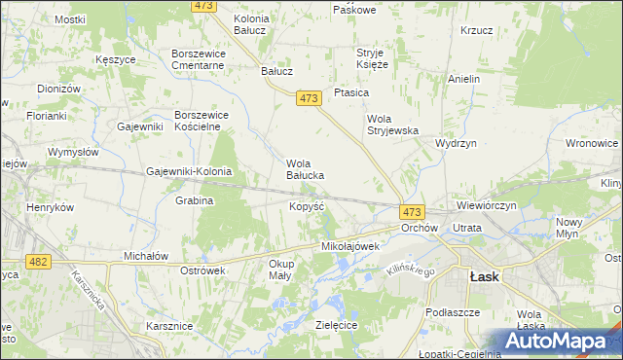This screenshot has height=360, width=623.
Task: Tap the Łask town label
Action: [484, 276]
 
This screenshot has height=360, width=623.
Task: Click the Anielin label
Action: [464, 78]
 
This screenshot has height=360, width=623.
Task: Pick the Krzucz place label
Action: [477, 30]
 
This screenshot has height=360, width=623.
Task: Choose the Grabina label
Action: [195, 200]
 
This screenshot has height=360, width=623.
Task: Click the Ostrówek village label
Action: [203, 270]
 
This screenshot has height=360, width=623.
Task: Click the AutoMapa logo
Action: [562, 342]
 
